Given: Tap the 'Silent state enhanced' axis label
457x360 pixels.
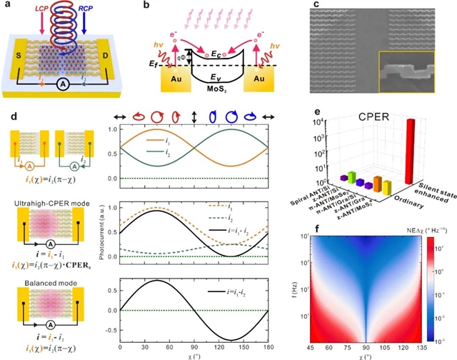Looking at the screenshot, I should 430,191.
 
